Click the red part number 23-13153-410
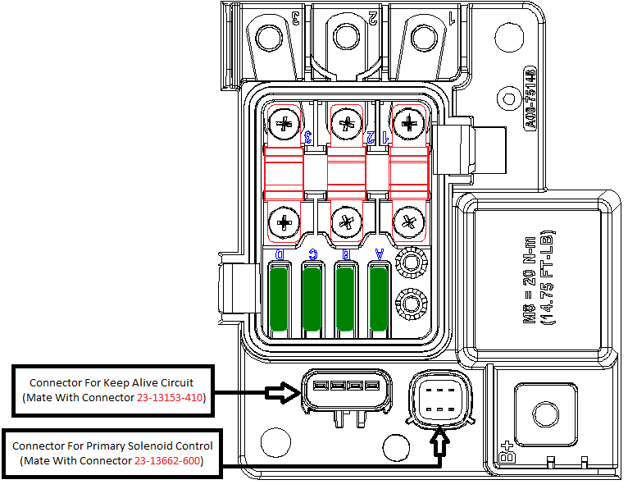click(x=168, y=398)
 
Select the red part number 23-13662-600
click(x=167, y=460)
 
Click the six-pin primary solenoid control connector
click(x=441, y=400)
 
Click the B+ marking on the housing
click(x=505, y=454)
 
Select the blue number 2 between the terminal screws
click(x=371, y=136)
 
